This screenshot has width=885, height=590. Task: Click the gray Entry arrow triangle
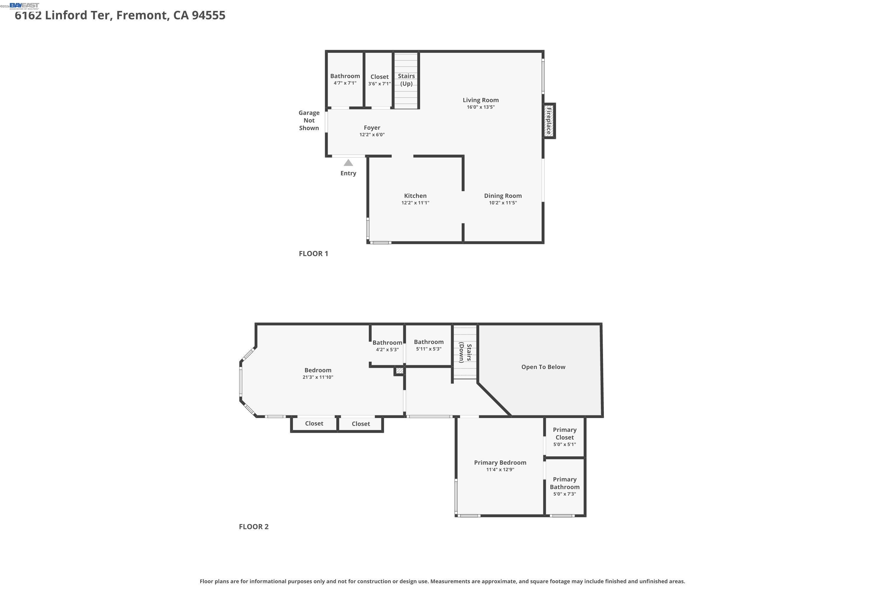point(348,163)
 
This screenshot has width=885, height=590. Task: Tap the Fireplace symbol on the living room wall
point(549,121)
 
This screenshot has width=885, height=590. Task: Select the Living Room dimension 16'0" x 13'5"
point(481,107)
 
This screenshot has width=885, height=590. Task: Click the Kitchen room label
point(415,196)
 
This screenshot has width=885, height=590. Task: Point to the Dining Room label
point(503,196)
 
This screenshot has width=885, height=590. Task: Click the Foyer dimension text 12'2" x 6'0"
point(372,135)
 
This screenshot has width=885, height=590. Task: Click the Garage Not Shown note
point(309,120)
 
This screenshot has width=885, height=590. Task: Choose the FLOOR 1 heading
point(313,254)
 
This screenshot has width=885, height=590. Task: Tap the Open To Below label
point(543,367)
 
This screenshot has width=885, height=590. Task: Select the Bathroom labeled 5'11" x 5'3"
point(429,345)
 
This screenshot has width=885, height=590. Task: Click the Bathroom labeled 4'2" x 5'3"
point(387,345)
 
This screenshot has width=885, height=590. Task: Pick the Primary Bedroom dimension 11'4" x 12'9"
point(500,470)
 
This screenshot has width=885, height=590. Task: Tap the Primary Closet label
point(564,433)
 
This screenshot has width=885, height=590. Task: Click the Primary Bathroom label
point(564,483)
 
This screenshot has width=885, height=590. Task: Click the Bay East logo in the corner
point(24,5)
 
